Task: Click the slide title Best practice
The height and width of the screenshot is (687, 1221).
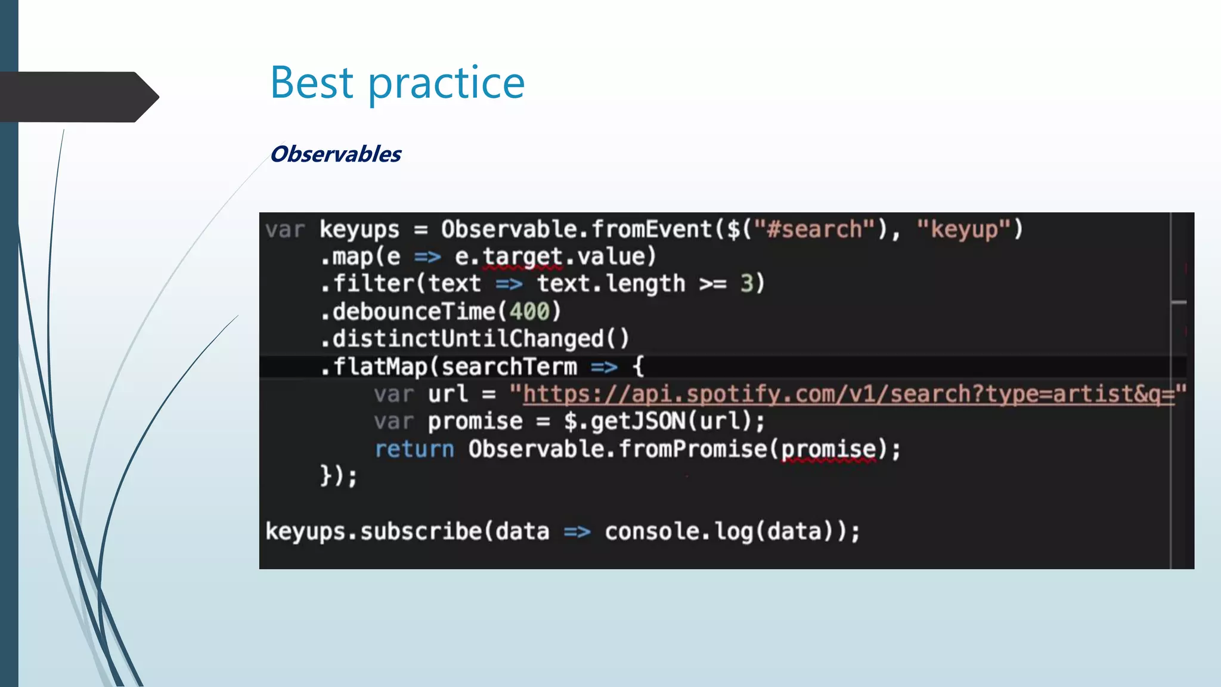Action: [x=397, y=82]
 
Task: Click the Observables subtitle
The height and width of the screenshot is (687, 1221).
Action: [x=336, y=154]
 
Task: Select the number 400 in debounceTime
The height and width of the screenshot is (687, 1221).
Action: [x=529, y=311]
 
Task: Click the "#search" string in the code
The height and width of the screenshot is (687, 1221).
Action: [x=815, y=229]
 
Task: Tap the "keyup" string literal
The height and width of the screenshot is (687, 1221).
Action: [x=964, y=229]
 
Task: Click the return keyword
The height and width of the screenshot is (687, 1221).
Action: [x=414, y=449]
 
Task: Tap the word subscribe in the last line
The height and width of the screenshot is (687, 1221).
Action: [x=421, y=531]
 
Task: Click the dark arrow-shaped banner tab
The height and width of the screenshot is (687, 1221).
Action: [x=78, y=97]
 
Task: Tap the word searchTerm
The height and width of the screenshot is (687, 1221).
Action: [x=509, y=366]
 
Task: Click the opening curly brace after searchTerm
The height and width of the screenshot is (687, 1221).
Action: [x=639, y=366]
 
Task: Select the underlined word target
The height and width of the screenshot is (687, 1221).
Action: [x=522, y=256]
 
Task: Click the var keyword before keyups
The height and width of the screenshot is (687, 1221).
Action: [x=285, y=229]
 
